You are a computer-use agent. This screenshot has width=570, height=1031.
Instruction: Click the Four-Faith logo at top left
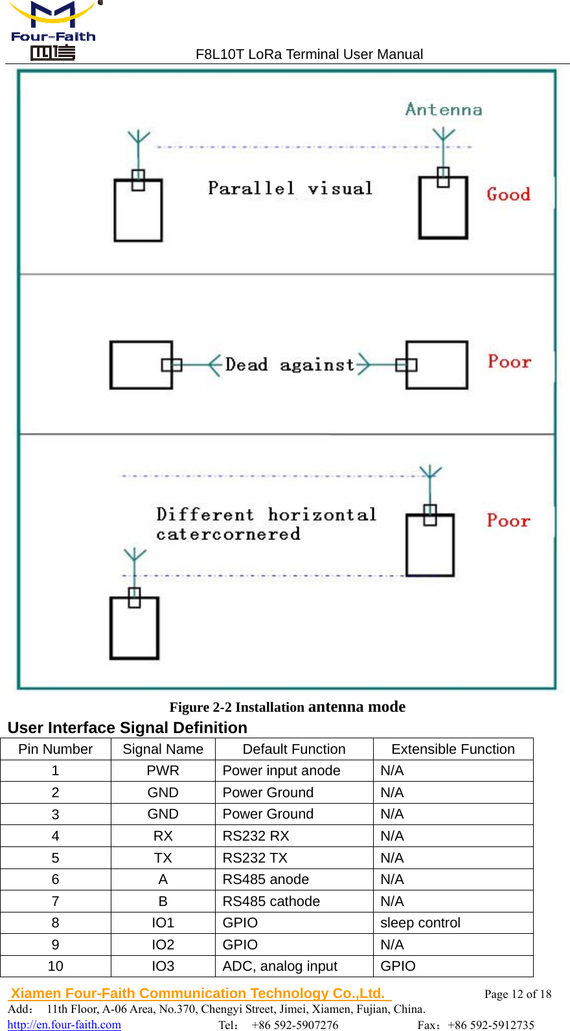click(53, 30)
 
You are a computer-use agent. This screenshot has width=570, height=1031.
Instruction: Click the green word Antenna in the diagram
click(444, 109)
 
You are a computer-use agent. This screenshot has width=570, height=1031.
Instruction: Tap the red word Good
click(508, 194)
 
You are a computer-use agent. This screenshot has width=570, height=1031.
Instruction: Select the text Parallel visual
click(290, 188)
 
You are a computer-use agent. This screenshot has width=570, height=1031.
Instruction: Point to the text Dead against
click(290, 365)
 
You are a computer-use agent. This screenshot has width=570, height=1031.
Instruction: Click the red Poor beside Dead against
click(509, 361)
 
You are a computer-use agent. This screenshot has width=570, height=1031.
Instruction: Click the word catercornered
click(228, 534)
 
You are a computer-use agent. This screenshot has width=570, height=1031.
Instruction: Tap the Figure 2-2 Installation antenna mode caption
click(287, 707)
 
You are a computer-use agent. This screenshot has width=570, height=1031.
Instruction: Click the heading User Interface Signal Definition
click(128, 727)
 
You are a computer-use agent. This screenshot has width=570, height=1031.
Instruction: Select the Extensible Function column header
click(453, 749)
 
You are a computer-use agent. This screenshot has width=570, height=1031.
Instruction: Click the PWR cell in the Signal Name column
click(163, 771)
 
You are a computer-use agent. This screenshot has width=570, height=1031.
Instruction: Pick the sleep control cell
click(420, 923)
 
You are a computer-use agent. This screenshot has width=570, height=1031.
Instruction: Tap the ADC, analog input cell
click(280, 966)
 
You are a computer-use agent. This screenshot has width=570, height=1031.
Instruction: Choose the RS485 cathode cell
click(271, 901)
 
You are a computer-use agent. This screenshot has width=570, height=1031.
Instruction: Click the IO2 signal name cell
click(163, 945)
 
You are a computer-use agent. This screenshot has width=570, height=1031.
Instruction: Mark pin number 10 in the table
click(55, 966)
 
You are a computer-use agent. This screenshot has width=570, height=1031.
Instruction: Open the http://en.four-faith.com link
click(64, 1025)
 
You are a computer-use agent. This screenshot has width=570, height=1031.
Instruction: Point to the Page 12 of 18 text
click(518, 994)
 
